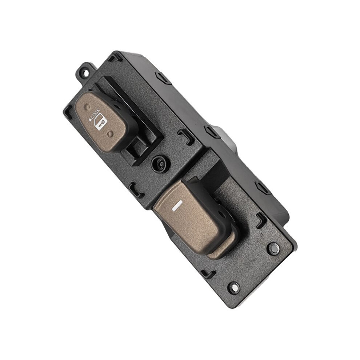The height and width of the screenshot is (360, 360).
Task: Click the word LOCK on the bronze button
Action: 95,114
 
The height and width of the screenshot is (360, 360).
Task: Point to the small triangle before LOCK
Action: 90,119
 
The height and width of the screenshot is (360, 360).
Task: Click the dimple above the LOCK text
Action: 88,107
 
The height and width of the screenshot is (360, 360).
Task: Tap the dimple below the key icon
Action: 111,133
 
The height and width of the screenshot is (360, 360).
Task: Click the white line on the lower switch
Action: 177,205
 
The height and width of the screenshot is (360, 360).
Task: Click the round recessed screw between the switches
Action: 161,164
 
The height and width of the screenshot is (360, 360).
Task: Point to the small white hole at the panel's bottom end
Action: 234,287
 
